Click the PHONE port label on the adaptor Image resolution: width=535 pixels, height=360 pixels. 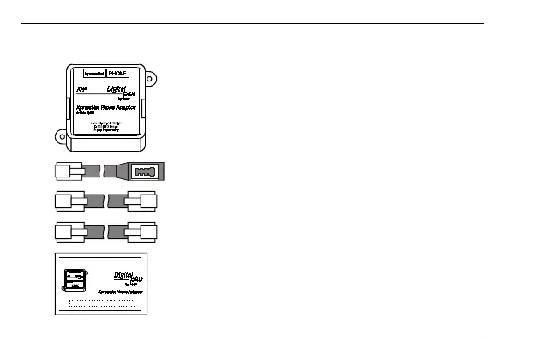tap(117, 74)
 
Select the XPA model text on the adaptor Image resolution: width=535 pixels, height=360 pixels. tap(82, 89)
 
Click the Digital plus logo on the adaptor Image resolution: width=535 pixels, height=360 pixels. tap(122, 92)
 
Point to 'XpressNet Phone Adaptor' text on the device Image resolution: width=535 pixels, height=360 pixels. tap(107, 107)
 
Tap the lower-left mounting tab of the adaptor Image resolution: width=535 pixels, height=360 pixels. tap(61, 135)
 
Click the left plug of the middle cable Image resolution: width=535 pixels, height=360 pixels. tap(68, 203)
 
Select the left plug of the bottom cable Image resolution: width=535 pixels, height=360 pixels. tap(68, 232)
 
